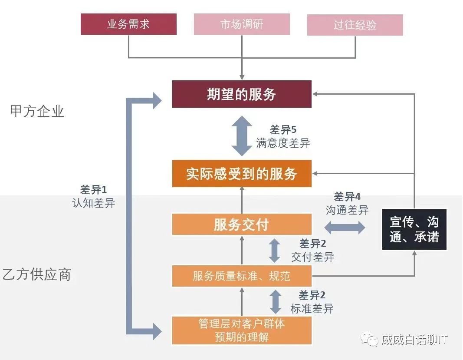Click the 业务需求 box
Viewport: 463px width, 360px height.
(128, 24)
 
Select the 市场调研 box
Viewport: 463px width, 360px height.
(242, 25)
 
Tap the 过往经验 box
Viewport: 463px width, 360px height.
(355, 25)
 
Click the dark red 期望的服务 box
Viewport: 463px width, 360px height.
(242, 94)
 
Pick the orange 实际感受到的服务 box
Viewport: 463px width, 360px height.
(242, 174)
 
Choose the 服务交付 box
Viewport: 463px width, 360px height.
(242, 225)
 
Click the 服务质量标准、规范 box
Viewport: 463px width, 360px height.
(242, 276)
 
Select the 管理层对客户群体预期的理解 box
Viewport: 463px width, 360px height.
(242, 330)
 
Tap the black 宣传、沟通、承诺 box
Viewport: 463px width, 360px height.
(414, 229)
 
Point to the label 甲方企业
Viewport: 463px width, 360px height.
(37, 111)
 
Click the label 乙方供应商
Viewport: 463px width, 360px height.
(37, 274)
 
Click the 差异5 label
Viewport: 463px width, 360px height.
(283, 130)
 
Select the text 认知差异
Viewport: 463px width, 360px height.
(93, 203)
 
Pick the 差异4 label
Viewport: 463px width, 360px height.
(347, 197)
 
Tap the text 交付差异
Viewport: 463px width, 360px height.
(312, 257)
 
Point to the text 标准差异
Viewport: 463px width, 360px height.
(312, 309)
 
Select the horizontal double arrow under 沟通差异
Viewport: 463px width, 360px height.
(345, 226)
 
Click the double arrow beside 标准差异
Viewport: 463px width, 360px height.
(276, 302)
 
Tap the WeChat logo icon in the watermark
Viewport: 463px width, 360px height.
(370, 339)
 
